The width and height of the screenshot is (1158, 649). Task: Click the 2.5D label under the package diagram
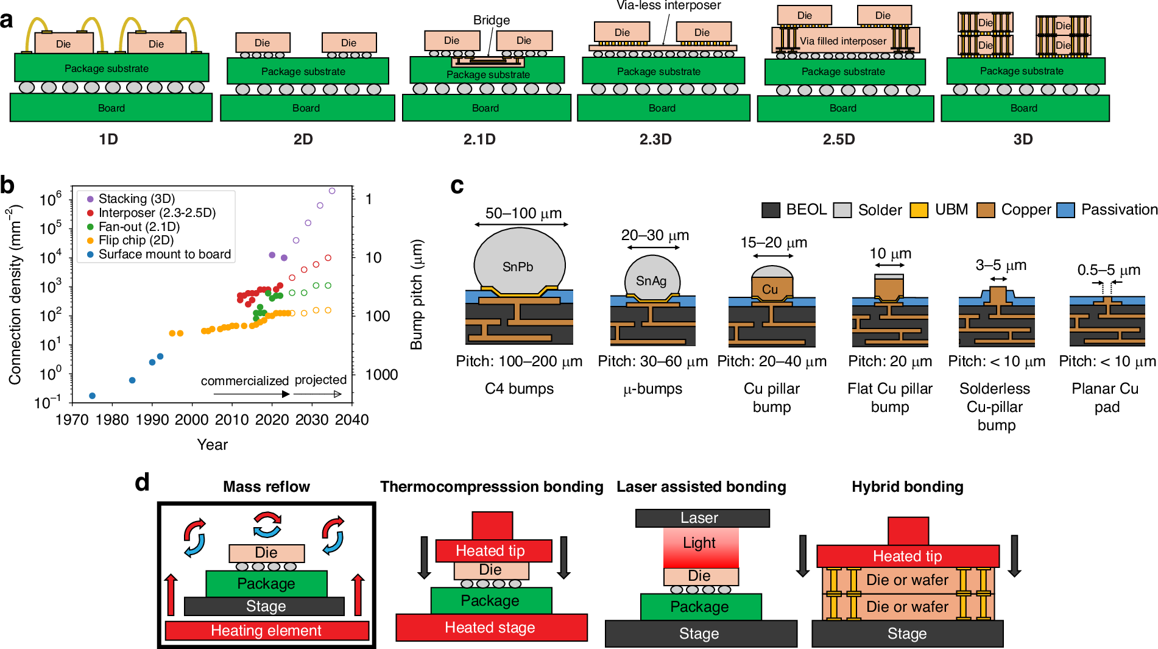[x=838, y=140]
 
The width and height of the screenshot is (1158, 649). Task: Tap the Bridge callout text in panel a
[x=491, y=20]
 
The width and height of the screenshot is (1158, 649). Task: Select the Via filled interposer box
[x=844, y=41]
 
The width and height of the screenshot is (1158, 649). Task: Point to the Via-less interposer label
[x=668, y=5]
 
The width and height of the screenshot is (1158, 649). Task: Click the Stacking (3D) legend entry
[x=136, y=199]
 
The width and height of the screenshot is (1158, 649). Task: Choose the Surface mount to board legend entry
[x=164, y=254]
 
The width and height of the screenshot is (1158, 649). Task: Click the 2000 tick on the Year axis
[x=192, y=420]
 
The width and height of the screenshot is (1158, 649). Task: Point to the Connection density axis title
[x=15, y=296]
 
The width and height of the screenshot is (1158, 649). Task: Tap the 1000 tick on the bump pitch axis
[x=381, y=375]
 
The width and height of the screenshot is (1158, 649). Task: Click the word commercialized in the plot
[x=244, y=381]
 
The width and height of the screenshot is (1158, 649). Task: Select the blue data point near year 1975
[x=92, y=396]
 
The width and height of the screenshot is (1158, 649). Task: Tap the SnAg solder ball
[x=652, y=279]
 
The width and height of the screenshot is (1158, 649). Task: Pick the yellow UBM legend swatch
[x=918, y=210]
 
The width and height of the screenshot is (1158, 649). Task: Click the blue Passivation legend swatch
[x=1065, y=210]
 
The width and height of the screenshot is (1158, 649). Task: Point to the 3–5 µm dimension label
[x=1001, y=265]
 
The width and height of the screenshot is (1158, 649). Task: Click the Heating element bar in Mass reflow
[x=266, y=631]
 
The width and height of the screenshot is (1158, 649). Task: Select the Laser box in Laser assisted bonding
[x=702, y=518]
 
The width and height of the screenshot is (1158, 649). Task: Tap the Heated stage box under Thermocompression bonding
[x=491, y=628]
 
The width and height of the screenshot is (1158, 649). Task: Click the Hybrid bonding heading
[x=907, y=487]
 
